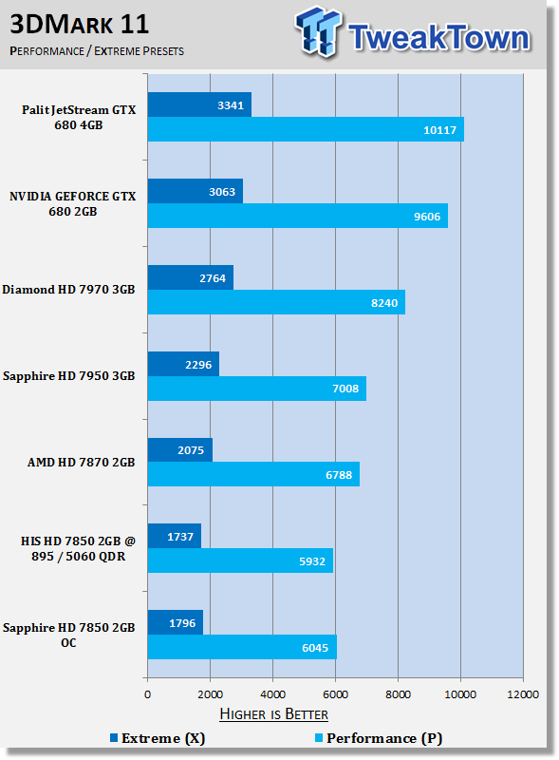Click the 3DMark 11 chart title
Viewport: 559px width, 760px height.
[x=80, y=25]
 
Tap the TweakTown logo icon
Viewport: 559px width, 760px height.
[x=318, y=31]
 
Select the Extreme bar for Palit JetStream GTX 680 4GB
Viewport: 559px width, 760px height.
[x=199, y=104]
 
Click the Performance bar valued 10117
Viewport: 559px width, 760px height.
[x=306, y=129]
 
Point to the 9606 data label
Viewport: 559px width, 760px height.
[x=427, y=217]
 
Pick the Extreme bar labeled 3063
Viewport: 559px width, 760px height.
[x=196, y=192]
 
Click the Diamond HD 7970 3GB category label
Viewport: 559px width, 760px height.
[x=68, y=290]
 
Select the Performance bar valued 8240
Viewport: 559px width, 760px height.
[x=276, y=302]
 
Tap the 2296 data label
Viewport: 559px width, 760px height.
[x=198, y=365]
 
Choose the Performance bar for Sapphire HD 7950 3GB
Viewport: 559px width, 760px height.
[x=257, y=389]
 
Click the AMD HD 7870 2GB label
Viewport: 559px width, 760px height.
[x=81, y=463]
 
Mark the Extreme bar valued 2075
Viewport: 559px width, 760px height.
[x=180, y=449]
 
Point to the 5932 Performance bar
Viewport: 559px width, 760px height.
[x=240, y=560]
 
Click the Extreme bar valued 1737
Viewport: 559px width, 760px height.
[x=175, y=536]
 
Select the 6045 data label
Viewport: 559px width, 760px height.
[x=315, y=648]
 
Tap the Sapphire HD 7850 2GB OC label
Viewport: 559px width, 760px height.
[x=68, y=635]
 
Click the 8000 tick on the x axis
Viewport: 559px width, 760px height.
[x=398, y=694]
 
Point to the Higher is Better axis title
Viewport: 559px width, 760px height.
[x=273, y=714]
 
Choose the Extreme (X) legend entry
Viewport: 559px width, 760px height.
[x=158, y=738]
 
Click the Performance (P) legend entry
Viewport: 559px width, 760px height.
[x=379, y=738]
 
